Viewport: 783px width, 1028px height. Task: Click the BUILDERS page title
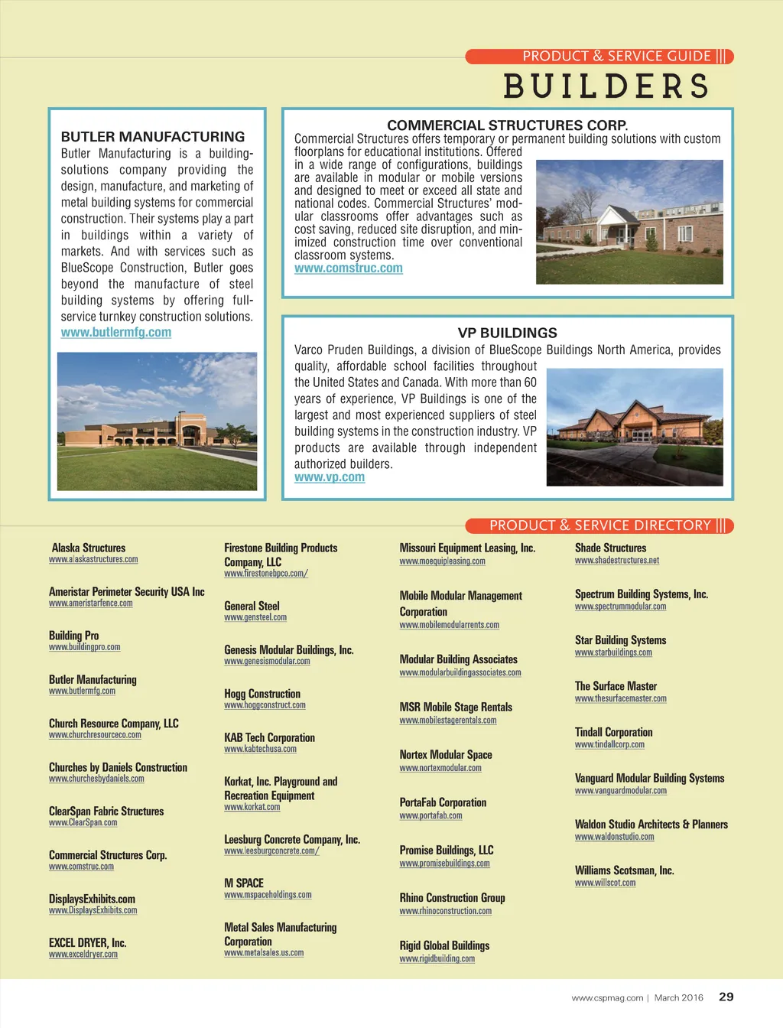click(606, 86)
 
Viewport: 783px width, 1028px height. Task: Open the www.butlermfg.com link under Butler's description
click(116, 333)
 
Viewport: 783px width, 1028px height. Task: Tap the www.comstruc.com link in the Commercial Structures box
click(349, 268)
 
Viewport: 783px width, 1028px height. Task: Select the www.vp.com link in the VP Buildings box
click(330, 477)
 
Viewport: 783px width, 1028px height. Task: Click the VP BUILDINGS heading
click(507, 333)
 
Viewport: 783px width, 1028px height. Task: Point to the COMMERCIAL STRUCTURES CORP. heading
click(507, 125)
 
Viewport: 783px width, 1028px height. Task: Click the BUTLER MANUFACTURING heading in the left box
click(153, 137)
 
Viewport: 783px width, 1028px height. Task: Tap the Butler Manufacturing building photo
click(157, 421)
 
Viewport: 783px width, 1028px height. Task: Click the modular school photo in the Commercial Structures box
click(629, 222)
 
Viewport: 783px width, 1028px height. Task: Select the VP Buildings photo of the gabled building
click(635, 427)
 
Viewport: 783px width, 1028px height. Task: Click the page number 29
click(726, 997)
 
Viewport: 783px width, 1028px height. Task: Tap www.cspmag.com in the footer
click(607, 997)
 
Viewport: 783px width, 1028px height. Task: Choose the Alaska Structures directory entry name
click(89, 548)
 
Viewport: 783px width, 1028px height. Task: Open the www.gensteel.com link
click(255, 617)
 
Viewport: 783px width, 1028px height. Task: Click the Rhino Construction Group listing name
click(452, 898)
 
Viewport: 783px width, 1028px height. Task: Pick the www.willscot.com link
click(605, 883)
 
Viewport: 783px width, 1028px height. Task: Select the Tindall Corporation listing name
click(613, 732)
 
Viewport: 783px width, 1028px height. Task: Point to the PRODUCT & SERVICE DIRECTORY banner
click(599, 525)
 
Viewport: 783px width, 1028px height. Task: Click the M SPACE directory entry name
click(244, 883)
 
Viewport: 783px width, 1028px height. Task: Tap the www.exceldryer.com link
click(83, 955)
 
